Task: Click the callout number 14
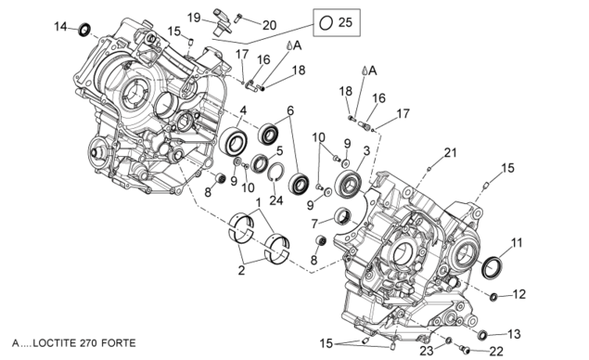(60, 27)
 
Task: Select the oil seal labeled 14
(85, 30)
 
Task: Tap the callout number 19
(194, 18)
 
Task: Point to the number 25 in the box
(345, 22)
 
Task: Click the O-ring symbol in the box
(326, 23)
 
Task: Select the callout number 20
(269, 25)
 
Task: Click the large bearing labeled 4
(234, 141)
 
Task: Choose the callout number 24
(276, 200)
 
